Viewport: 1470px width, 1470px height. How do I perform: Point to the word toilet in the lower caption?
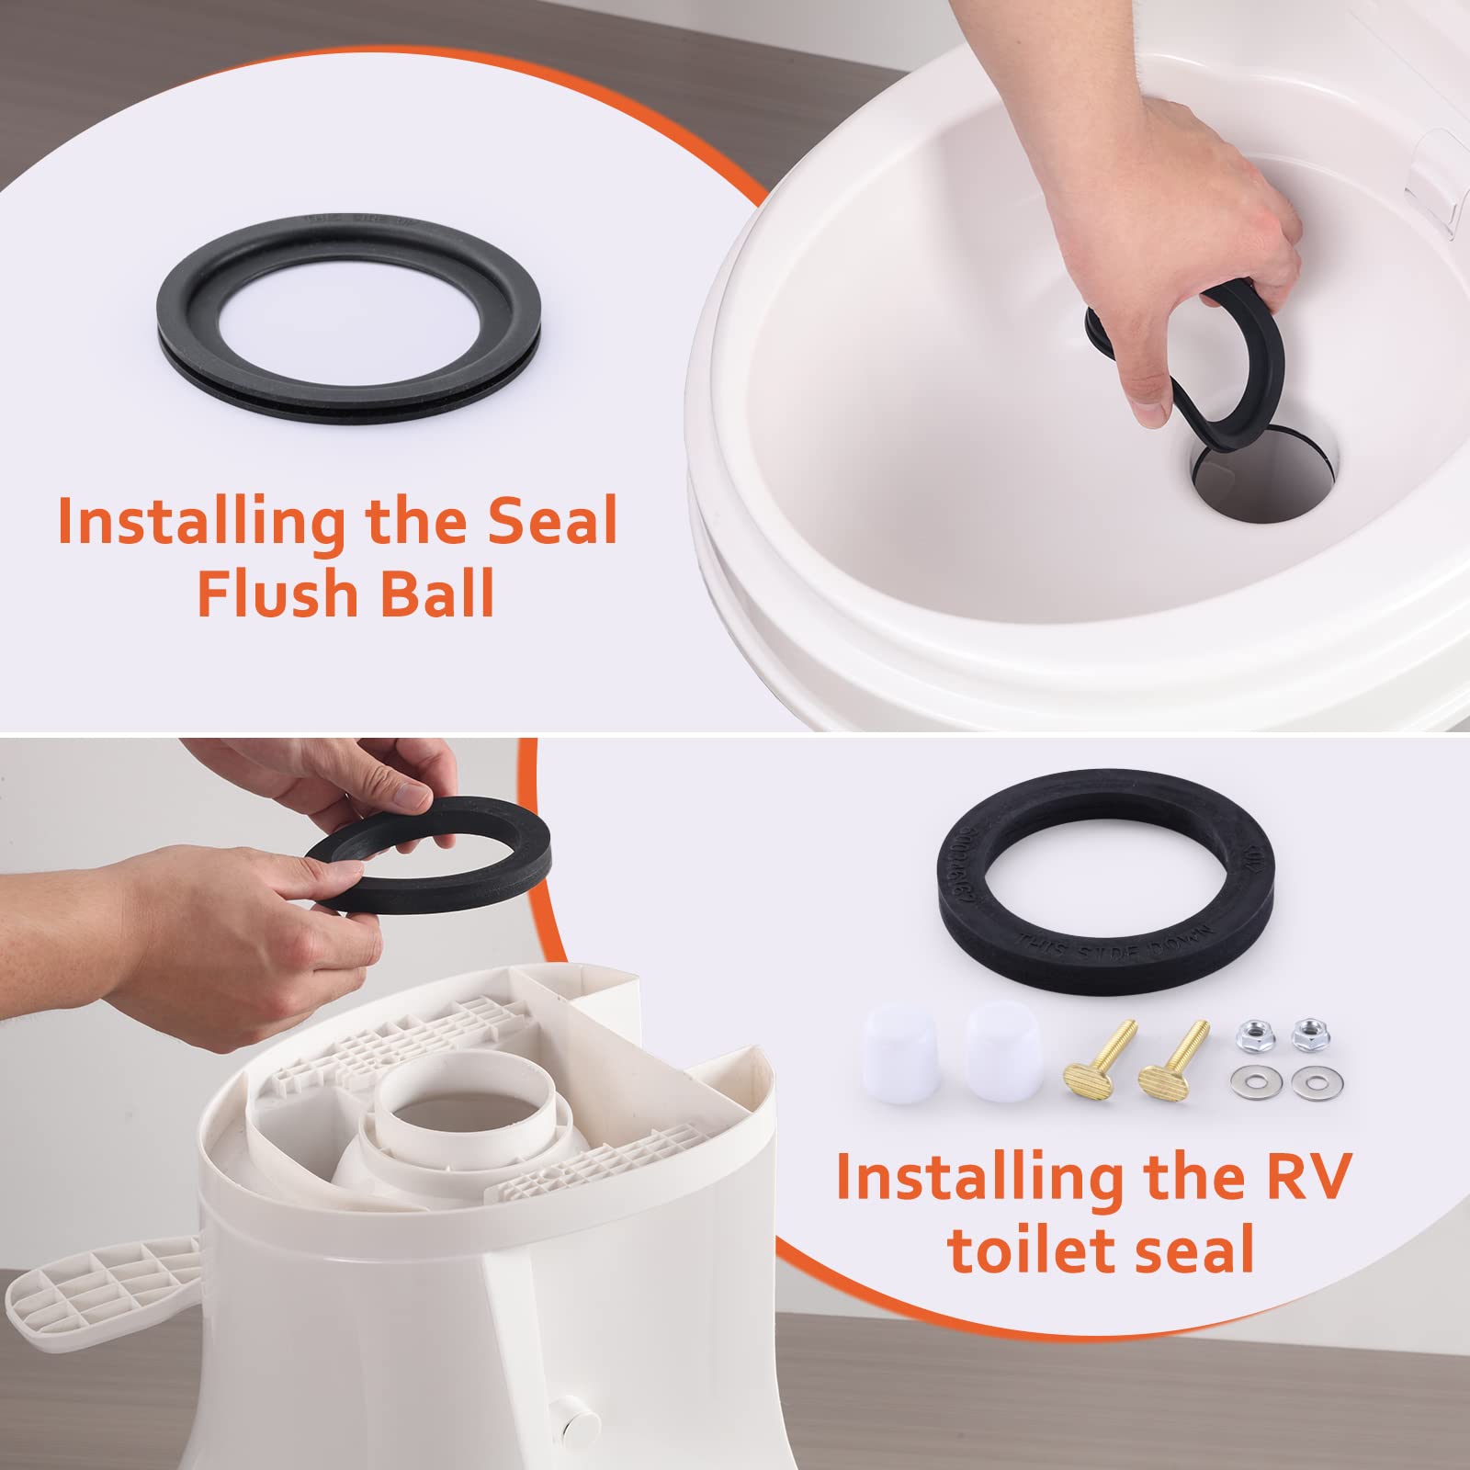coord(1029,1249)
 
